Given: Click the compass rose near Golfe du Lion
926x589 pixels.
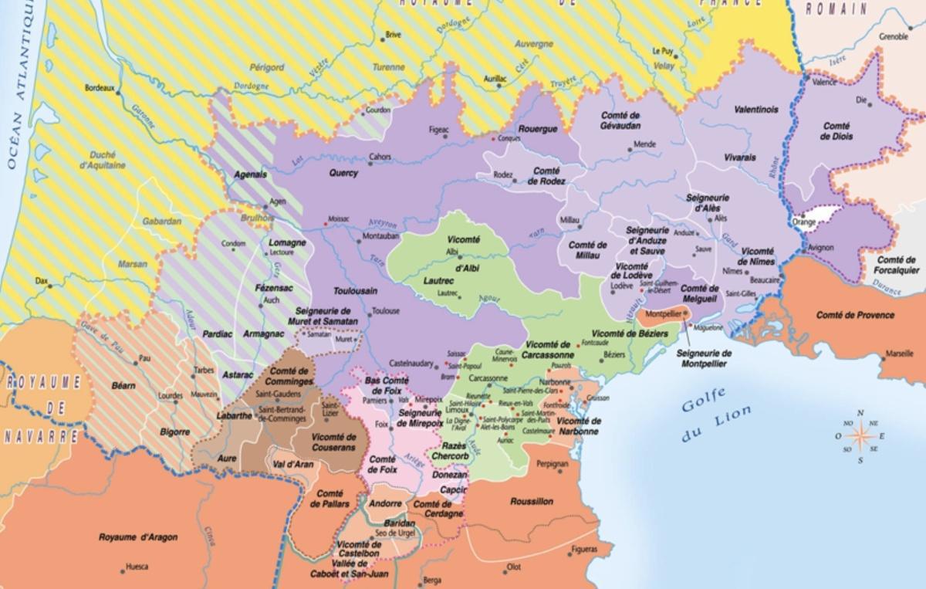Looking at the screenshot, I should (x=860, y=435).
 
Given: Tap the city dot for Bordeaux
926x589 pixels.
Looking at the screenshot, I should (x=118, y=89).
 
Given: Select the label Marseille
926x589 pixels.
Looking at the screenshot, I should (x=899, y=352).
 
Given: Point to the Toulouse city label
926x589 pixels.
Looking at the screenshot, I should (x=386, y=311).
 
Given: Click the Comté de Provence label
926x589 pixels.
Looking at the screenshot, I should (x=856, y=315).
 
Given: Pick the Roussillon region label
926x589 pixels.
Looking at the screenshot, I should (x=532, y=501).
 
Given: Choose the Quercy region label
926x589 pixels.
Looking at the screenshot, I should (x=343, y=173).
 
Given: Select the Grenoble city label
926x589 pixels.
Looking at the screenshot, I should (x=893, y=36).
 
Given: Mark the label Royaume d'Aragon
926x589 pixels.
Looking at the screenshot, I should (x=138, y=537).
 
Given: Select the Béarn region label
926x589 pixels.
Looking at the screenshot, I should (x=123, y=385).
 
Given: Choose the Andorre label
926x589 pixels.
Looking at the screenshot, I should (x=386, y=505).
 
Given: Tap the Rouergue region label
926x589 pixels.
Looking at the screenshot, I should (x=537, y=129).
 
